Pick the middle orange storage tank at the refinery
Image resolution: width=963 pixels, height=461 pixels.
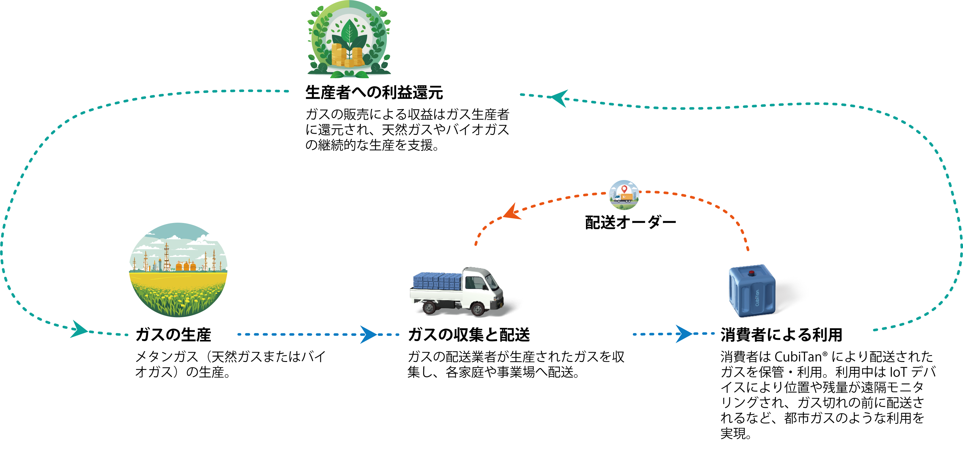click(x=186, y=266)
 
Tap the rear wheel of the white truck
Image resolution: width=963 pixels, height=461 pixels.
click(x=429, y=307)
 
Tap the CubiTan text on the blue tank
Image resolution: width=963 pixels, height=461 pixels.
click(x=757, y=298)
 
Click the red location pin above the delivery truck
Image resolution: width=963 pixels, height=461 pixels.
click(x=624, y=189)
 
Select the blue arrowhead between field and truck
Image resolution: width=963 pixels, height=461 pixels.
click(x=368, y=334)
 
